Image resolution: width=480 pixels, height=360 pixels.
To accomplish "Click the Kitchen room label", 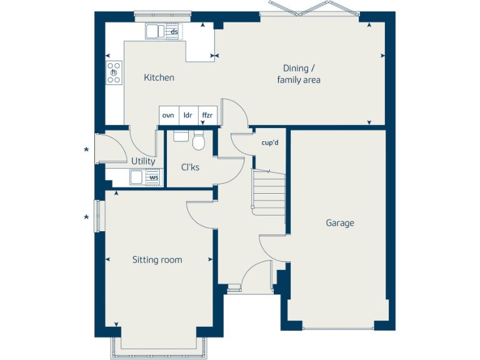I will (159, 77).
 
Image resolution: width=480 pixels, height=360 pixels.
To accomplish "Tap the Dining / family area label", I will (299, 74).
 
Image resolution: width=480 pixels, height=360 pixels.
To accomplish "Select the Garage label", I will (339, 222).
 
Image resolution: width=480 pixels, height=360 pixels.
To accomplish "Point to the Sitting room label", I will (157, 259).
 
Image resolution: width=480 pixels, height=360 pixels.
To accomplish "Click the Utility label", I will (143, 161).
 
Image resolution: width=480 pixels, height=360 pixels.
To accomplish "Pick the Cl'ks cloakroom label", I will (190, 167).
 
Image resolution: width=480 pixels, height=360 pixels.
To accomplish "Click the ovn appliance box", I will (168, 115).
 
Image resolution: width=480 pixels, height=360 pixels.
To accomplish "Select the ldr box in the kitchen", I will (187, 115).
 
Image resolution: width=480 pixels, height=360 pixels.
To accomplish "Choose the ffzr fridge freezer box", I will (207, 115).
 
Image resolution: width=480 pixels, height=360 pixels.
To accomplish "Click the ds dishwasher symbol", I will (174, 31).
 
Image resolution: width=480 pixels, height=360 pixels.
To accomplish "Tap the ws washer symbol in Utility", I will (153, 177).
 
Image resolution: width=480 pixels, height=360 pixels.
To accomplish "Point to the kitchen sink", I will (154, 31).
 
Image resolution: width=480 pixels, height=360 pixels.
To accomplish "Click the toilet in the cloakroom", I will (199, 141).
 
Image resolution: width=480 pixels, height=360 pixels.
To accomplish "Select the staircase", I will (269, 190).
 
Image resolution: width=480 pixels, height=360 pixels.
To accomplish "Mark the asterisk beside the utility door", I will (87, 150).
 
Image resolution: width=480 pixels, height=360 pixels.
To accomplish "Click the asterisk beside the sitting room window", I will (87, 217).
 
